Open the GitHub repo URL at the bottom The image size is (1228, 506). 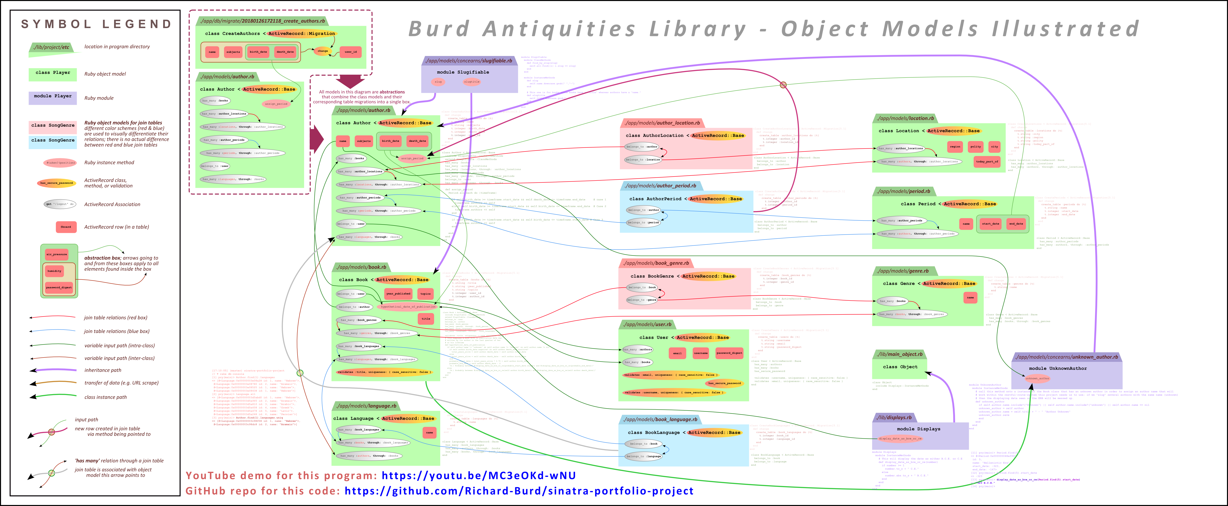pos(519,491)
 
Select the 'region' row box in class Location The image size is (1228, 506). pos(955,146)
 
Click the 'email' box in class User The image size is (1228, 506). pos(677,353)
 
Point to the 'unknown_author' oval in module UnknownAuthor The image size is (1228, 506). pos(1037,378)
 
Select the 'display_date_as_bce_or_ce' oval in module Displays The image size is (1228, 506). pos(900,438)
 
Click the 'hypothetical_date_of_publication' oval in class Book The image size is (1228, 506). pos(408,307)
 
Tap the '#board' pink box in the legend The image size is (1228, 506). pos(66,227)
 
